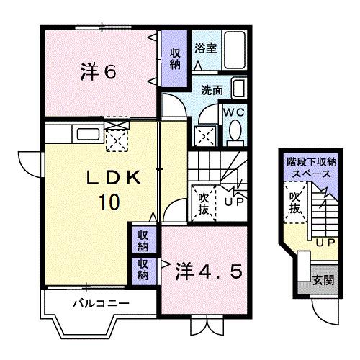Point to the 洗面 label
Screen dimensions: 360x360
pos(212,91)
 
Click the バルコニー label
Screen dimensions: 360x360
pos(101,303)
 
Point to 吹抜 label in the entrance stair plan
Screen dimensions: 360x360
pos(294,202)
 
